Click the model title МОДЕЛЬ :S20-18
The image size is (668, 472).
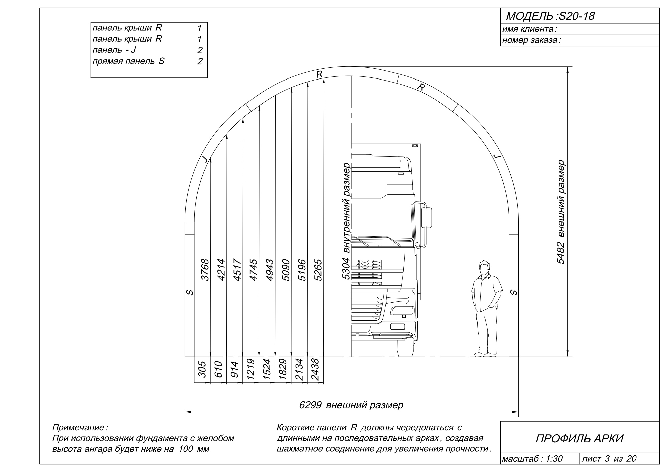550,16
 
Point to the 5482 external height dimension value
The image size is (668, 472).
561,252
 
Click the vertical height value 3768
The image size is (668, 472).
205,270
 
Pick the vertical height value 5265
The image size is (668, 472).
318,270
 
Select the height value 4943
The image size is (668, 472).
270,270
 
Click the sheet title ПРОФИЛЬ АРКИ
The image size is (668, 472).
579,438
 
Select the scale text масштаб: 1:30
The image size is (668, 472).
533,459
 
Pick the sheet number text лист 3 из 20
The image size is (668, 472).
609,459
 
